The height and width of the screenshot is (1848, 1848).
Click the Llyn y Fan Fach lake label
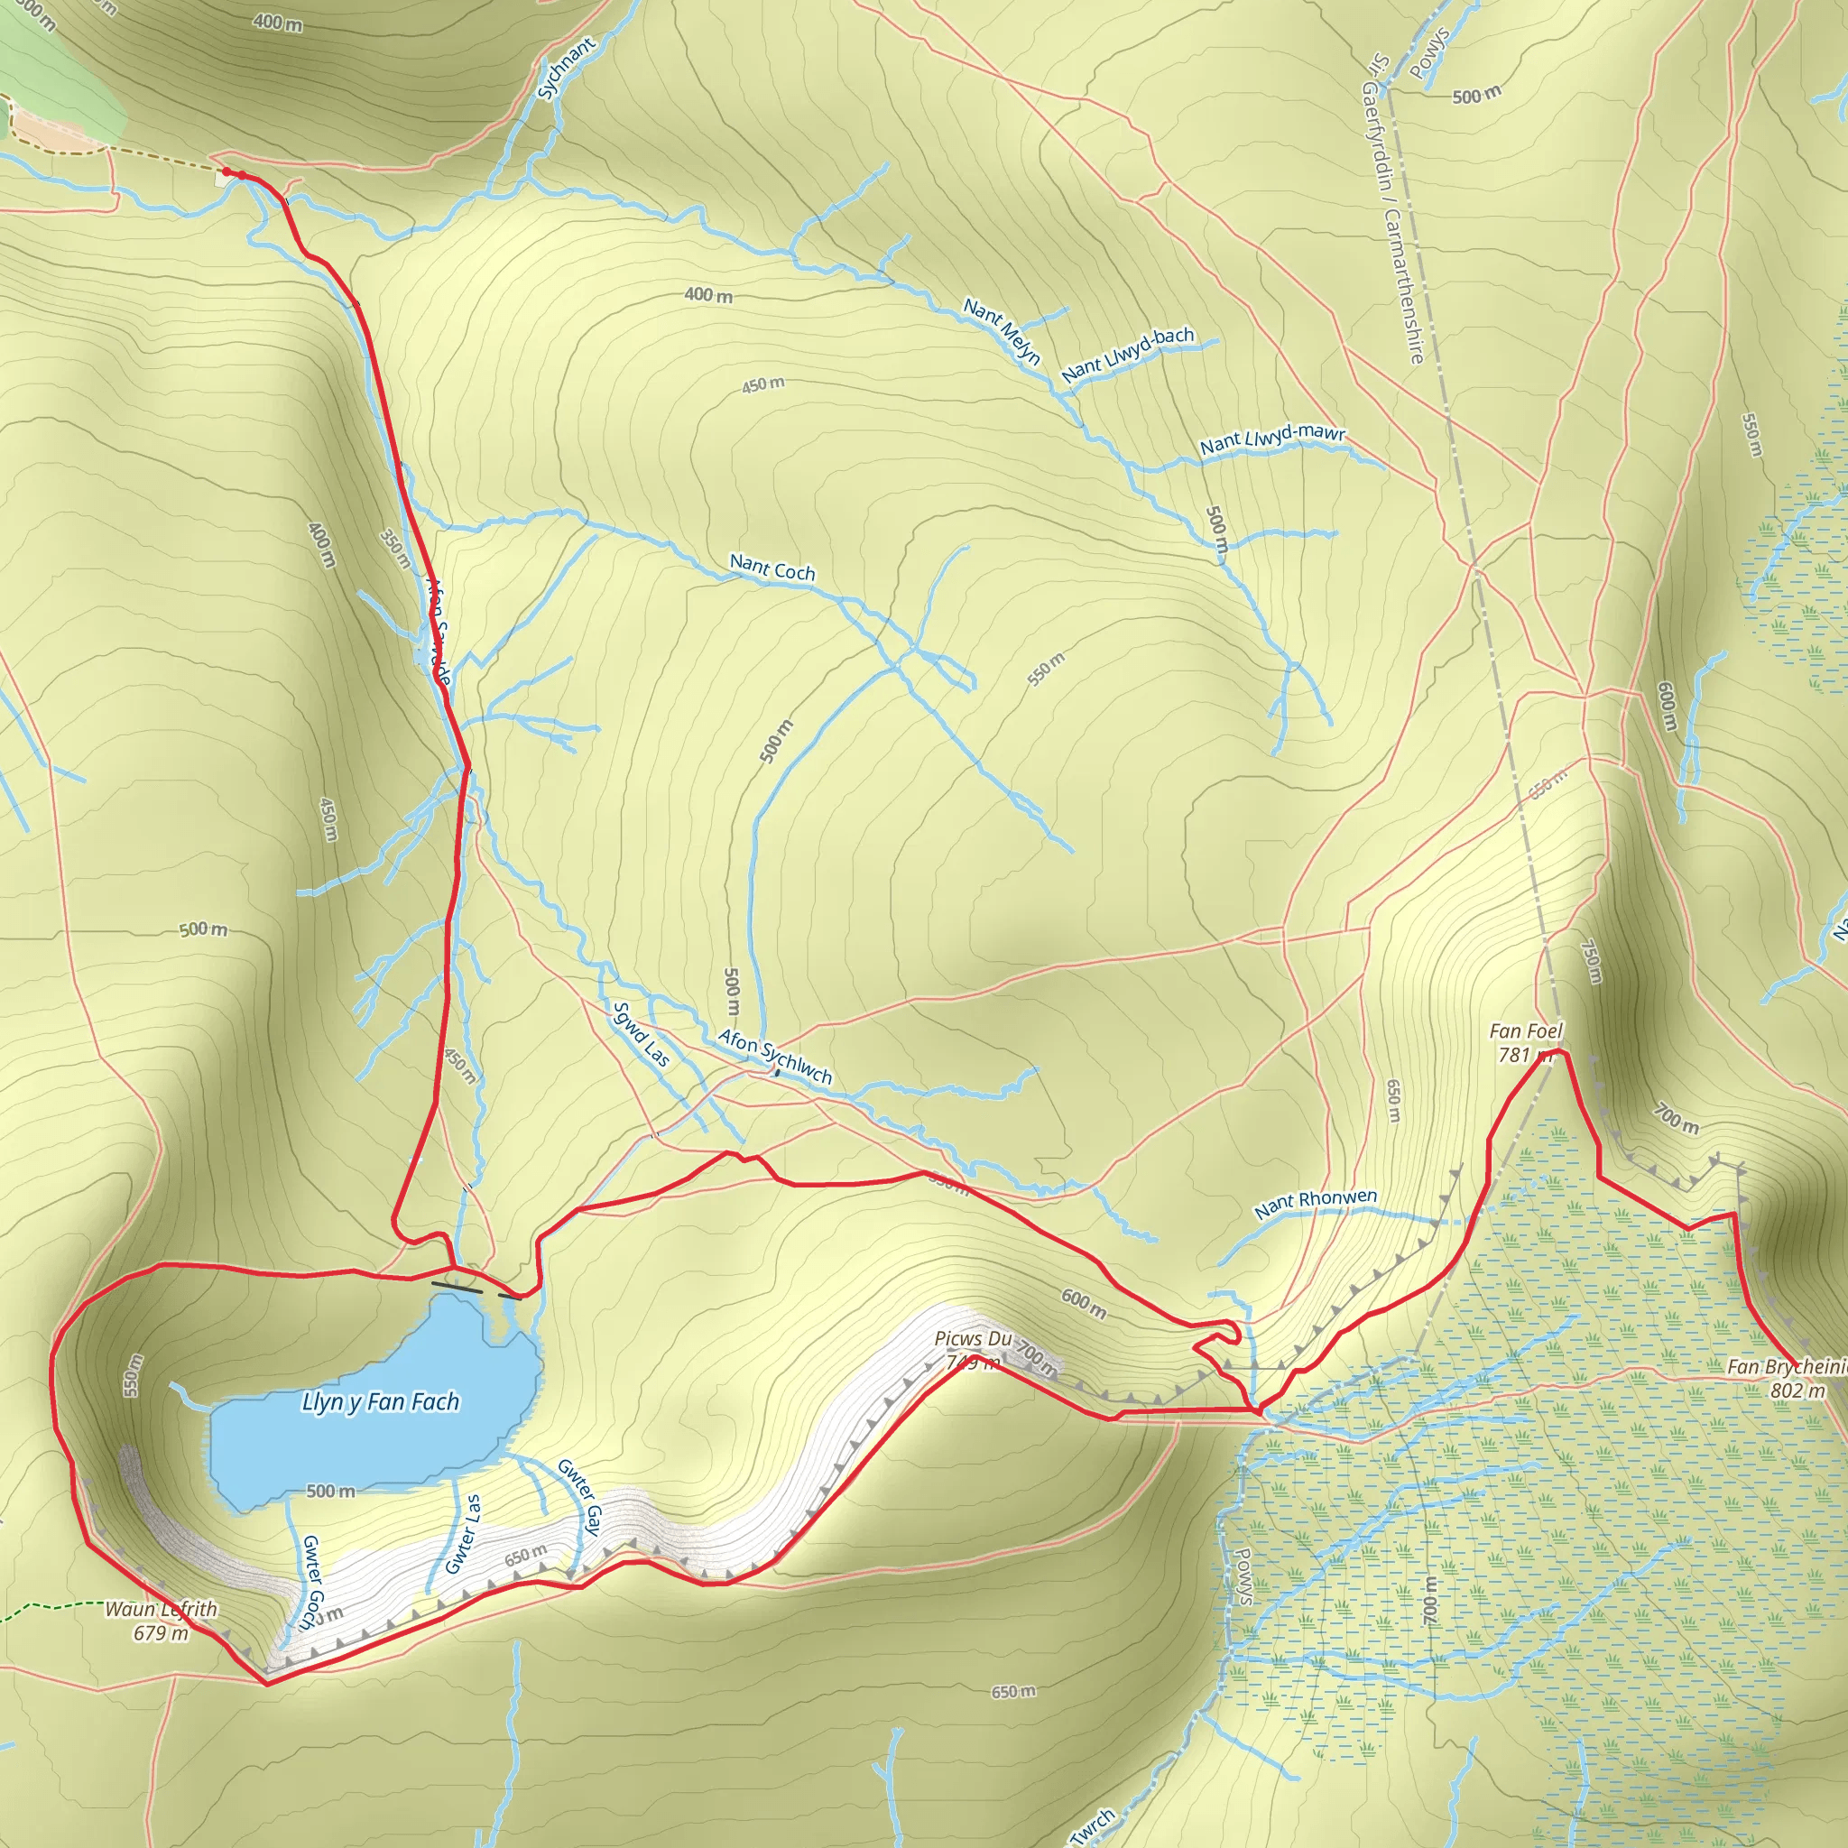381,1402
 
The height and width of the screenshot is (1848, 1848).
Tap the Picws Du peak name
973,1338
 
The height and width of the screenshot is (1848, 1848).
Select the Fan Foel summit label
1526,1031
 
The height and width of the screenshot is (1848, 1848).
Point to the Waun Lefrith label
161,1609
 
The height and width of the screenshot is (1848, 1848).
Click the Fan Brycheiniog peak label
1786,1367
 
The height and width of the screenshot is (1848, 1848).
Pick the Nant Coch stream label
772,568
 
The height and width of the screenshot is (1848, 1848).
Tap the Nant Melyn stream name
1002,332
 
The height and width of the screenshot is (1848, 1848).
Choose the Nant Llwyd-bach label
1128,354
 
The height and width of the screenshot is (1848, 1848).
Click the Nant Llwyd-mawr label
1272,439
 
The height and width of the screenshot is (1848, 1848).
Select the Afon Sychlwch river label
775,1056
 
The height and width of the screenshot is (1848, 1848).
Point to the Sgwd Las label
641,1034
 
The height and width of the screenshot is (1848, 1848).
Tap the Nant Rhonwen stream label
1316,1204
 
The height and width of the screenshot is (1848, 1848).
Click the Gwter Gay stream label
579,1497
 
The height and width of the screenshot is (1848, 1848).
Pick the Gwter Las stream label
463,1534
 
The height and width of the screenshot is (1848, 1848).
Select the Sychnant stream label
567,69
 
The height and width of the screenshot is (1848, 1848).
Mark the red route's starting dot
226,173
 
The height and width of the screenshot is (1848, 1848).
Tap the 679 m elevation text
161,1632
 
